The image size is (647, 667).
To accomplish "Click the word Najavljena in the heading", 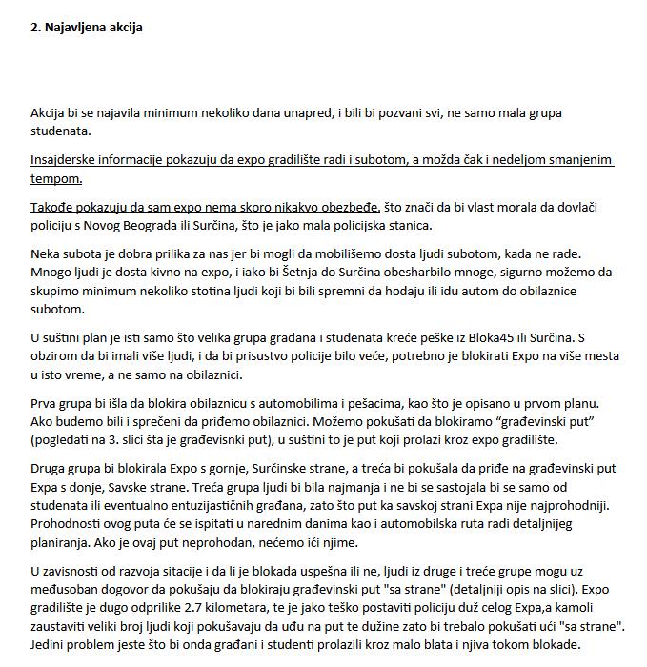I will pos(77,28).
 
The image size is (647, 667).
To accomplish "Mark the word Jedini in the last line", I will pos(49,645).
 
